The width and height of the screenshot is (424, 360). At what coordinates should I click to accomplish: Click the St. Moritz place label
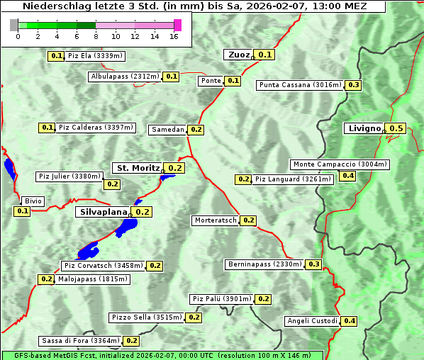point(138,168)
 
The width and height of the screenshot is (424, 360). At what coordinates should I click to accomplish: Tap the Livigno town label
point(364,128)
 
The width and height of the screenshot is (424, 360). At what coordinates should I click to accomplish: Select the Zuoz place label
point(238,55)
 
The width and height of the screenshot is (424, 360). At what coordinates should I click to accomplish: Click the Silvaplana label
point(103,212)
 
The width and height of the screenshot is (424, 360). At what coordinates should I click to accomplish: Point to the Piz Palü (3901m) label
point(221,299)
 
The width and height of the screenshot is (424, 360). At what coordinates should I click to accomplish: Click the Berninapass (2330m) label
point(265,264)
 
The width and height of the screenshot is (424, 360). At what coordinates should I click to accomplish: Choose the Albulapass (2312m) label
point(125,77)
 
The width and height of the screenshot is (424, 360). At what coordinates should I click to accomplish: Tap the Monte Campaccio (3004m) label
point(340,164)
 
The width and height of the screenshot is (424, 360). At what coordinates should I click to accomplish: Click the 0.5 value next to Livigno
point(396,128)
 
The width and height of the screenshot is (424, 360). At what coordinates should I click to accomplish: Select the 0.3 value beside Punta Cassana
point(354,85)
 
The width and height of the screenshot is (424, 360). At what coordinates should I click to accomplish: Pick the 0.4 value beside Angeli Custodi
point(350,321)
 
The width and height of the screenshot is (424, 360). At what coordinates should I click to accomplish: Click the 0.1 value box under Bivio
point(22,211)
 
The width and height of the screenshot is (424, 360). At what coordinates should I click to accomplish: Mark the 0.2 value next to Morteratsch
point(248,220)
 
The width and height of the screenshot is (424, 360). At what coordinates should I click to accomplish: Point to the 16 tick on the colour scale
point(174,36)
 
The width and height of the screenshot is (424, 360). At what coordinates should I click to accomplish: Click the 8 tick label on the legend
point(95,36)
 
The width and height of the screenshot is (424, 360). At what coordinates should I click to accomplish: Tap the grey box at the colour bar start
point(13,25)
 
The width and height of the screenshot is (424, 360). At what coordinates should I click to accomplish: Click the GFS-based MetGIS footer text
point(43,355)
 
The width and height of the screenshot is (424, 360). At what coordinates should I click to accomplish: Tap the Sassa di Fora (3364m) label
point(80,341)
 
